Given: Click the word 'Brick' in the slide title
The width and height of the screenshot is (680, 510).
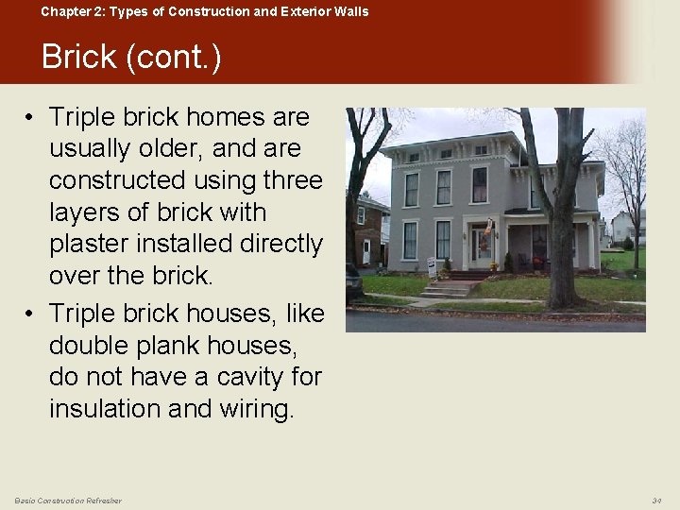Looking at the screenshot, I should tap(79, 58).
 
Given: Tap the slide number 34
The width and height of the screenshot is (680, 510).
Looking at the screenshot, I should tap(656, 500).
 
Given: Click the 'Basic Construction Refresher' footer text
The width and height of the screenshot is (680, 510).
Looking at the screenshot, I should tap(68, 500).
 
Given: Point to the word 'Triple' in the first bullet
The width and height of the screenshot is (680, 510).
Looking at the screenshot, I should tap(82, 117).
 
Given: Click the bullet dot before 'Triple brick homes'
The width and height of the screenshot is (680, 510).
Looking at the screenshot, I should tap(30, 118).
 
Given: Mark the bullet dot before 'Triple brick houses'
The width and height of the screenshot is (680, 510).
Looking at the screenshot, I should tap(30, 314).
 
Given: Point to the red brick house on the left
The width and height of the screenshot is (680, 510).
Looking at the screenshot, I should tap(370, 231).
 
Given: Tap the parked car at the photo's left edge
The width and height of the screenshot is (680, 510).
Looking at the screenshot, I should tap(353, 280).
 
